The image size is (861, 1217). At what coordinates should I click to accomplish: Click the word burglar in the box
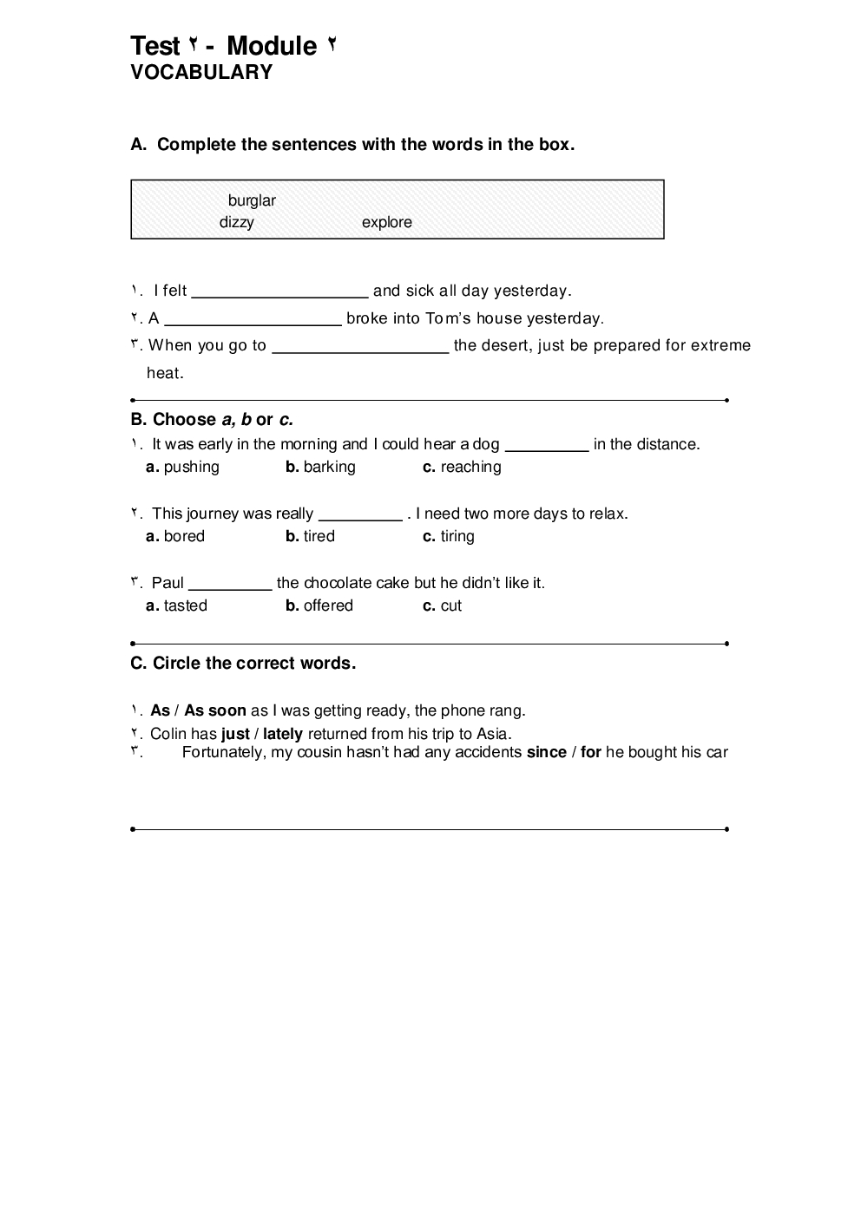coord(252,201)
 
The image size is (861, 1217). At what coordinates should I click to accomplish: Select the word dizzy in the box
coord(236,223)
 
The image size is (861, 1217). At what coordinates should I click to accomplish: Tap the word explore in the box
coord(386,223)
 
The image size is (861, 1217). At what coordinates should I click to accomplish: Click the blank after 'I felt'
coord(279,291)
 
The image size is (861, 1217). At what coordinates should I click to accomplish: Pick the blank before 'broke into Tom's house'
coord(253,319)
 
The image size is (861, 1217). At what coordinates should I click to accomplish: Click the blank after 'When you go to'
coord(360,346)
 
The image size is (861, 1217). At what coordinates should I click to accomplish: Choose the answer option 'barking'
coord(329,468)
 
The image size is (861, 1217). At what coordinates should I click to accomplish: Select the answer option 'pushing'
coord(191,468)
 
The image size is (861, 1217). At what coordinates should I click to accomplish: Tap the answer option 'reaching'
coord(470,468)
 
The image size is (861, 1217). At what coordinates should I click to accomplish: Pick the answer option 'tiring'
coord(457,537)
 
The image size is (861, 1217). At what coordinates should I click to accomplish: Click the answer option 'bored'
coord(184,537)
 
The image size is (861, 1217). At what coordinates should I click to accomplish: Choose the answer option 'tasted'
coord(185,606)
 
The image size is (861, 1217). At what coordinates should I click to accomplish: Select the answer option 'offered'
coord(328,606)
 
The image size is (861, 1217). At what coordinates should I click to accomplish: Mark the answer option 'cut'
coord(450,606)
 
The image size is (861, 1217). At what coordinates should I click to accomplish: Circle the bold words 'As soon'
coord(215,711)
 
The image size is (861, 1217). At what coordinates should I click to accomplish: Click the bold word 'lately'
coord(283,735)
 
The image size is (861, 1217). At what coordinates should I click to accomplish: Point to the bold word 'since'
coord(546,753)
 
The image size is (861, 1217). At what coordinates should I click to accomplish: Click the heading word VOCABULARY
coord(201,73)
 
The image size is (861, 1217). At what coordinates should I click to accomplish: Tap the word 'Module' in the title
coord(271,46)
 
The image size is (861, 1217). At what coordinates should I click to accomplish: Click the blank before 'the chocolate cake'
coord(230,584)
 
